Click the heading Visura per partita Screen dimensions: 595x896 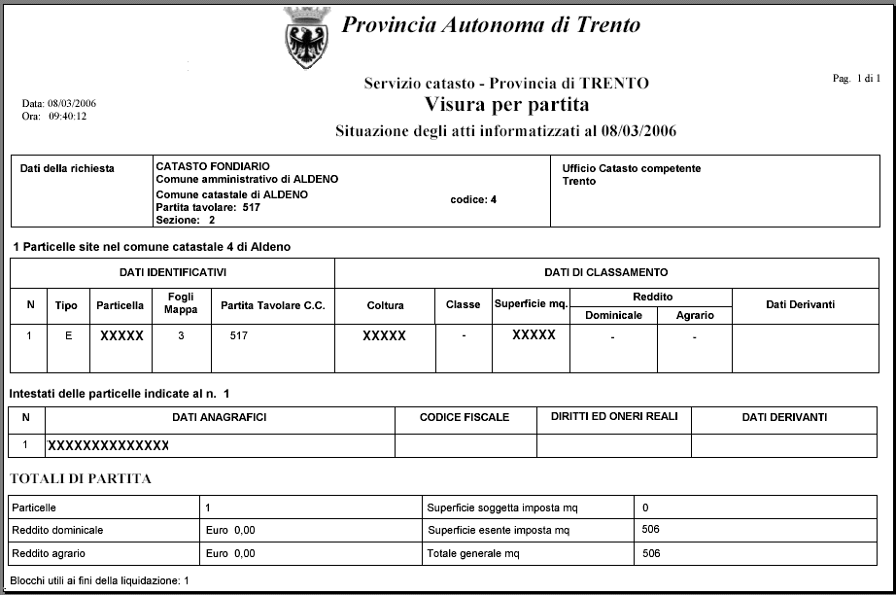click(x=506, y=104)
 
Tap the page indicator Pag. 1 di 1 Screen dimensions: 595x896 click(x=856, y=78)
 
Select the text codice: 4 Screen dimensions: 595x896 click(x=474, y=200)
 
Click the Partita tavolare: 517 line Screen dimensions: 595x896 click(x=208, y=207)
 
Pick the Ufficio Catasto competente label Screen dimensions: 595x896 click(x=631, y=169)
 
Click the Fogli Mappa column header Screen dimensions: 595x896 click(x=182, y=304)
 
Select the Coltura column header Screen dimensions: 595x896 click(x=386, y=305)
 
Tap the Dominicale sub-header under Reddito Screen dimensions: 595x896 click(x=613, y=315)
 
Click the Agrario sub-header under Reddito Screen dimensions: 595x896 click(x=695, y=315)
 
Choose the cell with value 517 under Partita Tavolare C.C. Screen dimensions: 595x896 click(x=239, y=336)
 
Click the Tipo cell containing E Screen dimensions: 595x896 click(x=66, y=336)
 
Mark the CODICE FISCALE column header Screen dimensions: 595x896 click(x=465, y=417)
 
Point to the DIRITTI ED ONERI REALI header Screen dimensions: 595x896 click(x=614, y=417)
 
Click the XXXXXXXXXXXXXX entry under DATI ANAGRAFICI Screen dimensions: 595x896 click(x=108, y=445)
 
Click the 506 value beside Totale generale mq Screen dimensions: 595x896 click(x=651, y=553)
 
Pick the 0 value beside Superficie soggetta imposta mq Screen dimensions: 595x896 click(x=645, y=507)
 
